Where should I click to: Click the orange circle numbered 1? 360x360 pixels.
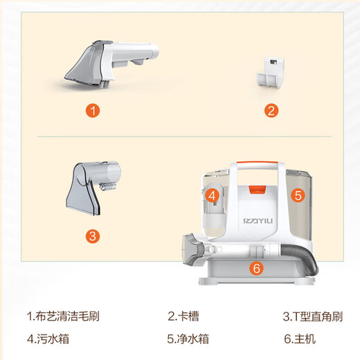click(92, 110)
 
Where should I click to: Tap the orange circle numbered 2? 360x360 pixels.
click(271, 110)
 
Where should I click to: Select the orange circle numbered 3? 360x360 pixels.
click(93, 235)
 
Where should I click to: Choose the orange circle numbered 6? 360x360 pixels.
click(255, 269)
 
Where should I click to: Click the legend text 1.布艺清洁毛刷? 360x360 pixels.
click(63, 316)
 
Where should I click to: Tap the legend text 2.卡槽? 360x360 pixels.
click(183, 316)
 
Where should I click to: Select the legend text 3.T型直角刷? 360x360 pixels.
click(312, 316)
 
